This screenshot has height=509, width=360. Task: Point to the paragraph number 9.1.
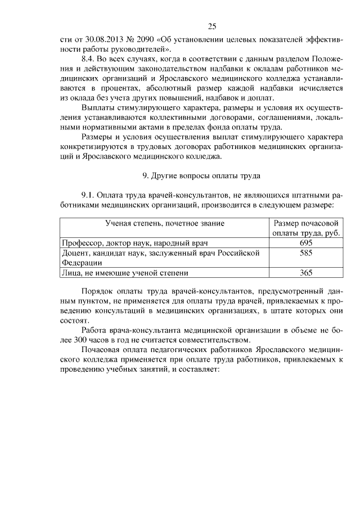90,194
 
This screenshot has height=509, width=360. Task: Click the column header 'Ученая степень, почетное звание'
165,223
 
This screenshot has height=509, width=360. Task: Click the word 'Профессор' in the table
80,243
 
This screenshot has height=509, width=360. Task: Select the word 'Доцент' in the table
74,253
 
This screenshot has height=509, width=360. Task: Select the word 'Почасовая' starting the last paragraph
100,350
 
